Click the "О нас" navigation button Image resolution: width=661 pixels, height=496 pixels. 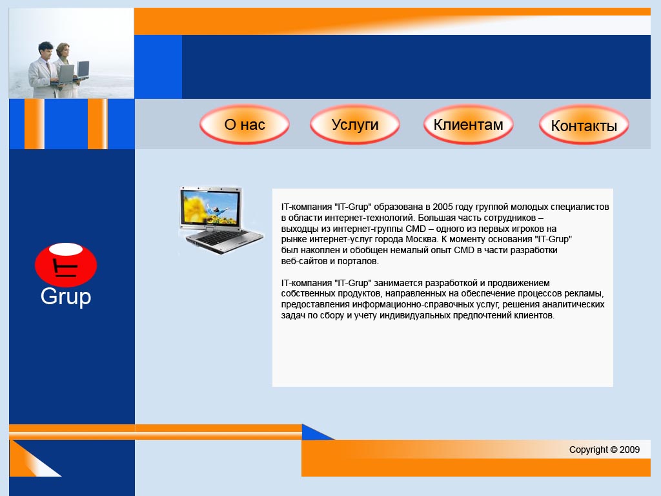pyautogui.click(x=245, y=125)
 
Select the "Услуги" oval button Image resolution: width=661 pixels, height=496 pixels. pyautogui.click(x=355, y=125)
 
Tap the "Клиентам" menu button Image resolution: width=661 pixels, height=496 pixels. pyautogui.click(x=469, y=125)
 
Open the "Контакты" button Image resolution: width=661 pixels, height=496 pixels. pyautogui.click(x=584, y=125)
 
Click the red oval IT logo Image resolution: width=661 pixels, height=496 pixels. pyautogui.click(x=66, y=265)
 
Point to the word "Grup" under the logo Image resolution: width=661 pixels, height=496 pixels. pyautogui.click(x=66, y=296)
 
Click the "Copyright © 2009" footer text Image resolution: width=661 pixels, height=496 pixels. pyautogui.click(x=604, y=449)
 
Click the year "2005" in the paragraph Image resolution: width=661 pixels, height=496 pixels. pyautogui.click(x=443, y=207)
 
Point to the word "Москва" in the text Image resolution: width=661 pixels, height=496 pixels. pyautogui.click(x=422, y=239)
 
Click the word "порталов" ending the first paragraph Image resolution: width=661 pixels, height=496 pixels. pyautogui.click(x=360, y=261)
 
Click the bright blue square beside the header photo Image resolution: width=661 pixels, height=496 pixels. pyautogui.click(x=158, y=67)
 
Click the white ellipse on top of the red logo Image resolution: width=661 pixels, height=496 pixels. pyautogui.click(x=66, y=249)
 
